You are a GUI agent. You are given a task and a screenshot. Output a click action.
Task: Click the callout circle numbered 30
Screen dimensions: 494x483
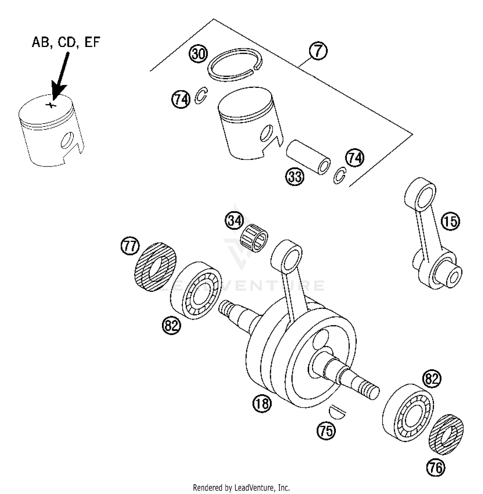pos(198,54)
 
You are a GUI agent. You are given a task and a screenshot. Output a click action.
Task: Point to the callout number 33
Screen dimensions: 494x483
pos(295,177)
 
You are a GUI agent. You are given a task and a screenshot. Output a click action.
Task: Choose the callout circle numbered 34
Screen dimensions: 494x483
pos(234,221)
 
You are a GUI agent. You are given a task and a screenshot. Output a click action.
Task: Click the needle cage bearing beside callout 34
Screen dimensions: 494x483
pos(255,238)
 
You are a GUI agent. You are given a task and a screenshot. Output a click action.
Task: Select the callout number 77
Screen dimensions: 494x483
pos(130,247)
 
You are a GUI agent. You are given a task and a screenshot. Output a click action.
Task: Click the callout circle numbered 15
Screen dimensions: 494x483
pos(450,221)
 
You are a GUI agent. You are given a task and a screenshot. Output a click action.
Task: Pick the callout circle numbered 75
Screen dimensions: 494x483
pos(326,430)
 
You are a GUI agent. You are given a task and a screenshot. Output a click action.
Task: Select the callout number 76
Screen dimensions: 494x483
pos(436,467)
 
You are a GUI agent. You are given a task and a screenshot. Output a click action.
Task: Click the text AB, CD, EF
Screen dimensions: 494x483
pos(66,42)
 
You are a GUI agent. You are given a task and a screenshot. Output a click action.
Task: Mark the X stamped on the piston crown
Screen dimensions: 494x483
pos(50,105)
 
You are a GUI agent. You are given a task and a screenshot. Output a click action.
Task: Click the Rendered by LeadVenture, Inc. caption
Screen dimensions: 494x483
pos(241,487)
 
